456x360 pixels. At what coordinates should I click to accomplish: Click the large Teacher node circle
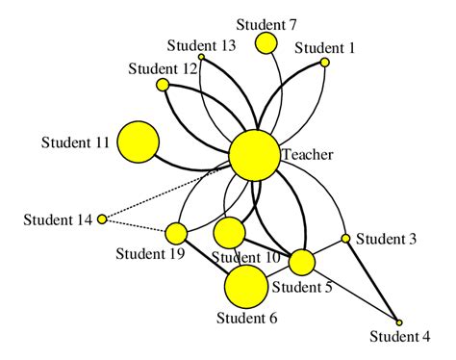(x=254, y=155)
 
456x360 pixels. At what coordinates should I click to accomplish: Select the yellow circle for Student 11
(x=138, y=142)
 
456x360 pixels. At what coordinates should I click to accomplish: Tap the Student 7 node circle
(x=266, y=43)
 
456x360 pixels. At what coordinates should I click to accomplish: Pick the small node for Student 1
(x=325, y=62)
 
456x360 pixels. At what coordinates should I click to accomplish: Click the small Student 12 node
(x=163, y=85)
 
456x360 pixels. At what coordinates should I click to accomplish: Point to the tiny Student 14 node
(x=102, y=219)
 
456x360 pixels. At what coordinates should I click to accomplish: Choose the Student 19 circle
(x=176, y=233)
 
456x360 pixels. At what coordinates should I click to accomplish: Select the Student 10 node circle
(x=229, y=232)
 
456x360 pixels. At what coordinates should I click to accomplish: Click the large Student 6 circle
(x=246, y=286)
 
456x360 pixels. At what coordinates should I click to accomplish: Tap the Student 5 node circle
(x=302, y=262)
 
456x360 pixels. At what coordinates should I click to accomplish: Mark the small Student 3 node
(x=346, y=238)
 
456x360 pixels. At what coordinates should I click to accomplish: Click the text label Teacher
(x=308, y=154)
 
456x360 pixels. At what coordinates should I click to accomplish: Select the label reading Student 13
(x=201, y=45)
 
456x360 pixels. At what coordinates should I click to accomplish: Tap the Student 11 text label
(x=75, y=142)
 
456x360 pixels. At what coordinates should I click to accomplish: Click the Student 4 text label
(x=400, y=337)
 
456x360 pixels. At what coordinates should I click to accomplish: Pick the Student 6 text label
(x=246, y=319)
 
